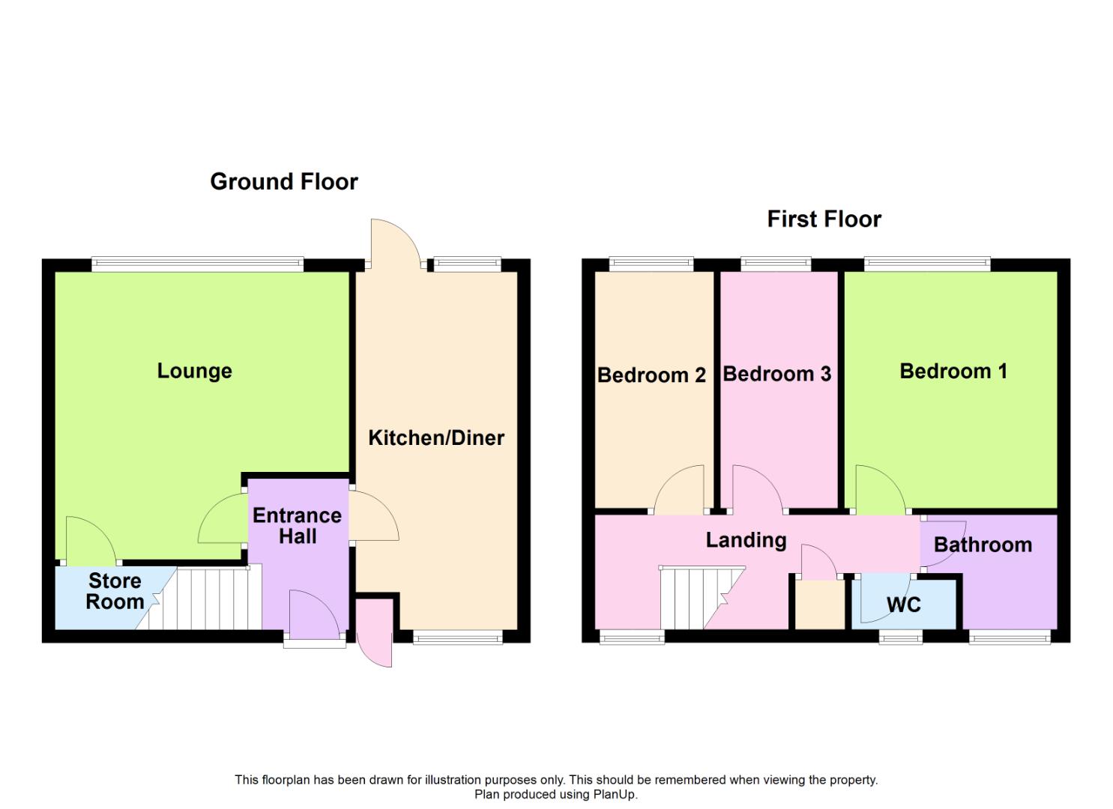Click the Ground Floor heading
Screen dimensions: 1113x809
pyautogui.click(x=284, y=182)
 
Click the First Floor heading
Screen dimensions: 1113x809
pyautogui.click(x=824, y=219)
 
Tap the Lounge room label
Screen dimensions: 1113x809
pyautogui.click(x=195, y=371)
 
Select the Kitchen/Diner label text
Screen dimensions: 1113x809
pyautogui.click(x=436, y=438)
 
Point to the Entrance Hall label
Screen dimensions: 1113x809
pyautogui.click(x=297, y=526)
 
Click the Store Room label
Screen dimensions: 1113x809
pyautogui.click(x=115, y=591)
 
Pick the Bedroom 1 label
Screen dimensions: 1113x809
pyautogui.click(x=953, y=371)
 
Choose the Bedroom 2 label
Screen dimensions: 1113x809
pyautogui.click(x=651, y=375)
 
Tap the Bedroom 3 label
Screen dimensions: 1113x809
pyautogui.click(x=777, y=374)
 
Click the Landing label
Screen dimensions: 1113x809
pyautogui.click(x=746, y=540)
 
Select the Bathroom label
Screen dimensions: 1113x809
pyautogui.click(x=983, y=545)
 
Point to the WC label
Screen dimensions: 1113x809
pyautogui.click(x=904, y=605)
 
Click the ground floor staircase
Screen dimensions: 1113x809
pyautogui.click(x=199, y=598)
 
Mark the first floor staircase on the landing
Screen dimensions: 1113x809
pyautogui.click(x=702, y=598)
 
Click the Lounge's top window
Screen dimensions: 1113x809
pyautogui.click(x=197, y=264)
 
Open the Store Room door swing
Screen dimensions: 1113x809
pyautogui.click(x=91, y=540)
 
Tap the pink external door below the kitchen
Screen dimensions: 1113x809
pyautogui.click(x=375, y=632)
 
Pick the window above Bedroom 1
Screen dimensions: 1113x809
pyautogui.click(x=927, y=264)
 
